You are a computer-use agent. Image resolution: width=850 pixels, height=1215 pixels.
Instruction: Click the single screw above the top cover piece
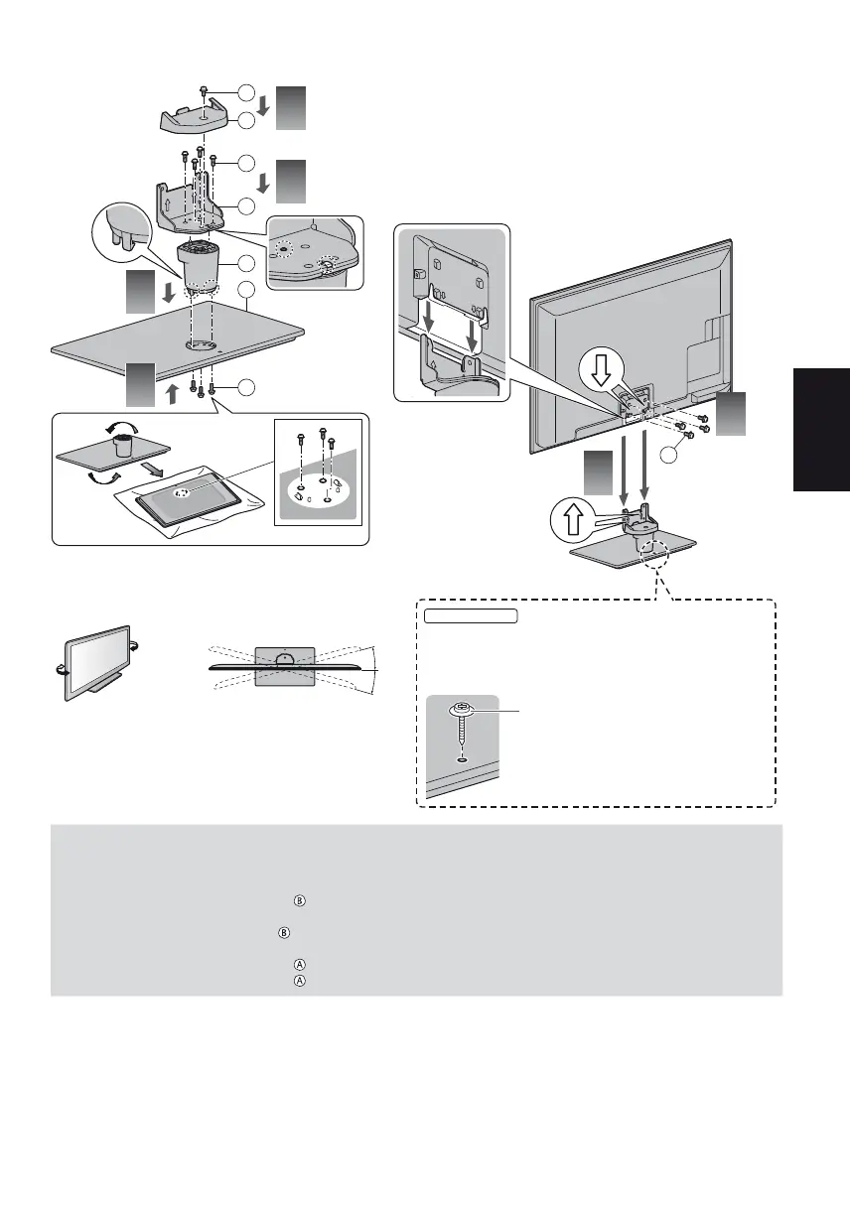[203, 91]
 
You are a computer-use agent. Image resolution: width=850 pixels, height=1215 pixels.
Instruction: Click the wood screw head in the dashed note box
[462, 711]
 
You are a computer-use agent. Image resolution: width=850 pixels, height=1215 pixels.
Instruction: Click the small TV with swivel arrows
[95, 661]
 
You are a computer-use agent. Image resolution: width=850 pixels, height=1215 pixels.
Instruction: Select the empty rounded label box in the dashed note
[472, 616]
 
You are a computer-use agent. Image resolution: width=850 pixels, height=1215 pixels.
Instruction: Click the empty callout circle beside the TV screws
[673, 455]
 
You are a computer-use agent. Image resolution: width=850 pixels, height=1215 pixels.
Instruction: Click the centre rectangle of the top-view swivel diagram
[285, 667]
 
